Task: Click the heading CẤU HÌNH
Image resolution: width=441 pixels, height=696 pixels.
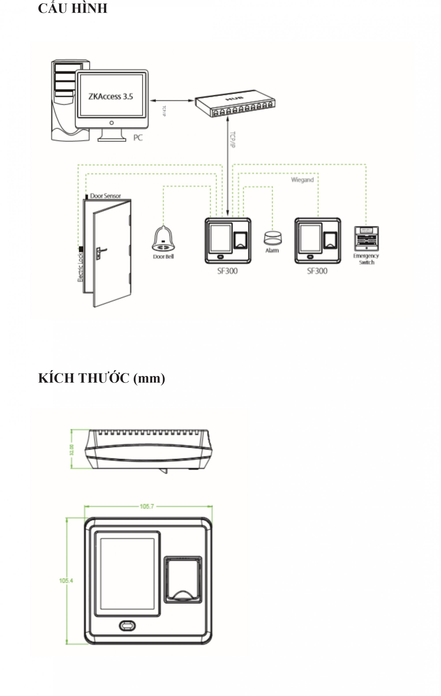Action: tap(73, 8)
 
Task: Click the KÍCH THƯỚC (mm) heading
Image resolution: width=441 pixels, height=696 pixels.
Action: tap(101, 378)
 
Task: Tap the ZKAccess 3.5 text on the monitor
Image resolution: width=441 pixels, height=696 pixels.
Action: tap(110, 96)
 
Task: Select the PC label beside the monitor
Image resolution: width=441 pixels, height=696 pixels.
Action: tap(138, 138)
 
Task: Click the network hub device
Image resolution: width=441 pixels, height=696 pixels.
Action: tap(235, 103)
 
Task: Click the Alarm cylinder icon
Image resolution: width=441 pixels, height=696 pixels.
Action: tap(272, 238)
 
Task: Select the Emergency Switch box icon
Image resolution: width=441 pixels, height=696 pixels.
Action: tap(366, 239)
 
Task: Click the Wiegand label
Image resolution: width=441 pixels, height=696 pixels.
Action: tap(302, 180)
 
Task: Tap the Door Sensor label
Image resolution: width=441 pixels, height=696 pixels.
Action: tap(105, 196)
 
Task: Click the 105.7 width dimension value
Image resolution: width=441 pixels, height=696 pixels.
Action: tap(147, 506)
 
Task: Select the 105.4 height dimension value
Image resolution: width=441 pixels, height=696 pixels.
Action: tap(66, 580)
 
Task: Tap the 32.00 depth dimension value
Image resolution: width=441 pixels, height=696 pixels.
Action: tap(71, 450)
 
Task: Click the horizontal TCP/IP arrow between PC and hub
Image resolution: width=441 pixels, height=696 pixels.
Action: tap(172, 101)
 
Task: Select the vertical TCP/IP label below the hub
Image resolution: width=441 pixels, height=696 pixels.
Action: tap(232, 140)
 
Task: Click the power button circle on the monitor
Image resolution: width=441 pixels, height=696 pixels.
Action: tap(112, 123)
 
